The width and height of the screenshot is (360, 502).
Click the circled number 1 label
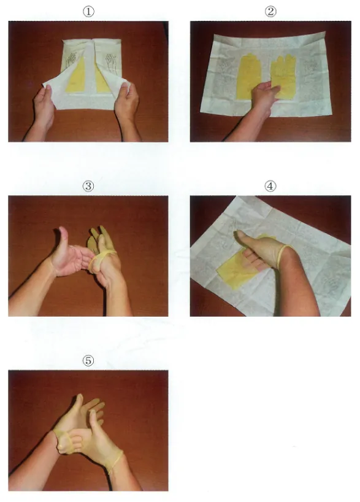point(88,12)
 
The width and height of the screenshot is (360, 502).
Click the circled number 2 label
point(270,12)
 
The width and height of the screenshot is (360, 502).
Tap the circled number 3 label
point(88,186)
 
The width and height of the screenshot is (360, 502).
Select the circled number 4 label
point(270,186)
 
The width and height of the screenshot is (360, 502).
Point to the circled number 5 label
point(88,361)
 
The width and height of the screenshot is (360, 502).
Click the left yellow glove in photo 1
point(77,76)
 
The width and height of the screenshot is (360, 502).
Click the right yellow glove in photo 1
point(102,80)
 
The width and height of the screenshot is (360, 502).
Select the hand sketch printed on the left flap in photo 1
point(71,60)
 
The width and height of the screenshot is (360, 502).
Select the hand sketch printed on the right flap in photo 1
point(111,63)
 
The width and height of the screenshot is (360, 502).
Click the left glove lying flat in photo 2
point(248,77)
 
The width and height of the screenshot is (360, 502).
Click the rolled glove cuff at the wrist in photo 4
point(283,256)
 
